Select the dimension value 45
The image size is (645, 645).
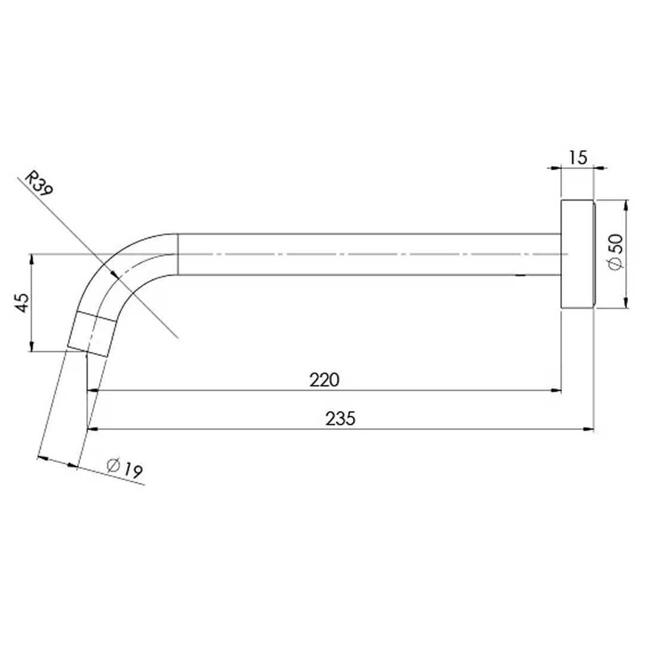[x=22, y=303]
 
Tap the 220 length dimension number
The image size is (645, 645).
[x=324, y=380]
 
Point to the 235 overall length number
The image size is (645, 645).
[x=340, y=419]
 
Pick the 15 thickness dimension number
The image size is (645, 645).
[x=578, y=158]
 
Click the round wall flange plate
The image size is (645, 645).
[x=578, y=254]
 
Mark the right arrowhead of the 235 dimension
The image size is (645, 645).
[x=589, y=429]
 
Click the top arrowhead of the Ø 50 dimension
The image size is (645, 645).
[x=625, y=205]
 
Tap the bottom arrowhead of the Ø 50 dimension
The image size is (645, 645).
[x=625, y=303]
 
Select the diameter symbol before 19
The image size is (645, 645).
[x=113, y=464]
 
